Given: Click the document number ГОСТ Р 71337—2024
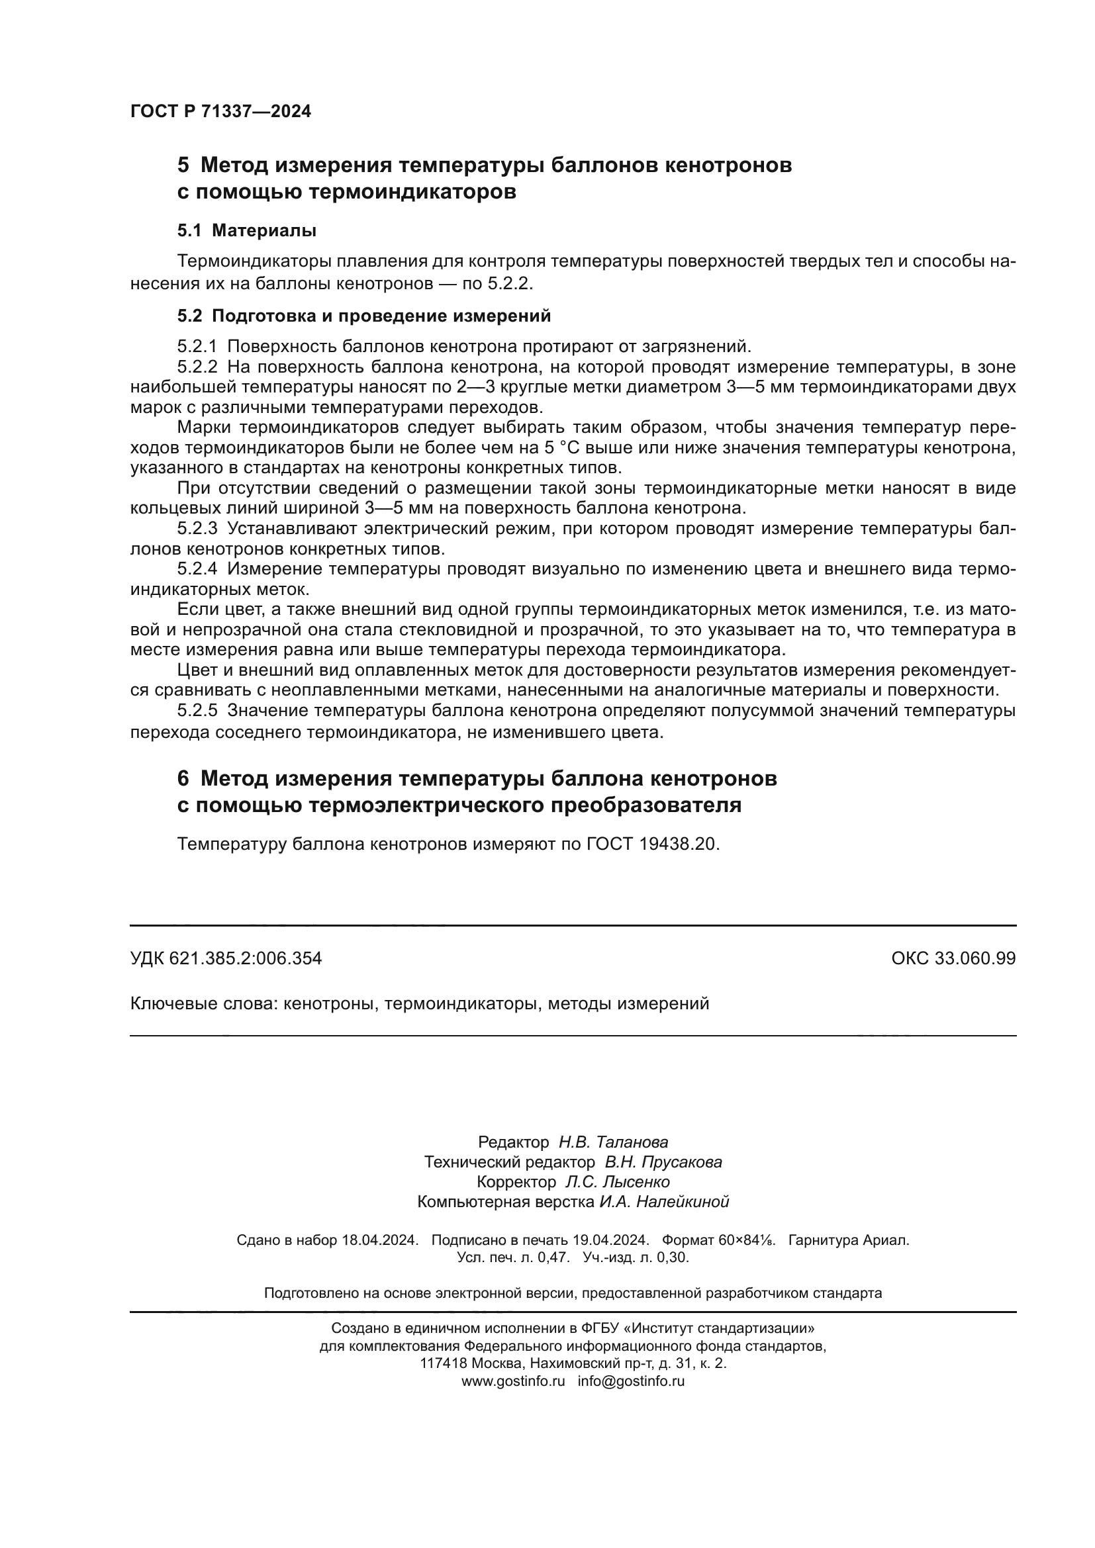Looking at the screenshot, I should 220,112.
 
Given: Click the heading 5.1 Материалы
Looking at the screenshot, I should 247,230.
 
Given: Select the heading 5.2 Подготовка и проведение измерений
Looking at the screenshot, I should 364,316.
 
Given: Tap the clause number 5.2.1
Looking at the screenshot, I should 197,347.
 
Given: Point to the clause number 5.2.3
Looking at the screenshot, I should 197,529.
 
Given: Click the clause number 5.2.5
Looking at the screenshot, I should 197,711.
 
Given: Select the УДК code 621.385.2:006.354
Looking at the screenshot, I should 246,959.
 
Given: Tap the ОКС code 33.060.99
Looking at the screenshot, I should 975,959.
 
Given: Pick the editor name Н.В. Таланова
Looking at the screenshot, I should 613,1142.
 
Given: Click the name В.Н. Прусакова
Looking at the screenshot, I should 663,1162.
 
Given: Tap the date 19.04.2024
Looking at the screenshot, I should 610,1240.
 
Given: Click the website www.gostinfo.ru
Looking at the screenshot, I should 512,1381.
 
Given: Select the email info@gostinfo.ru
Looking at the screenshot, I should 630,1381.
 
